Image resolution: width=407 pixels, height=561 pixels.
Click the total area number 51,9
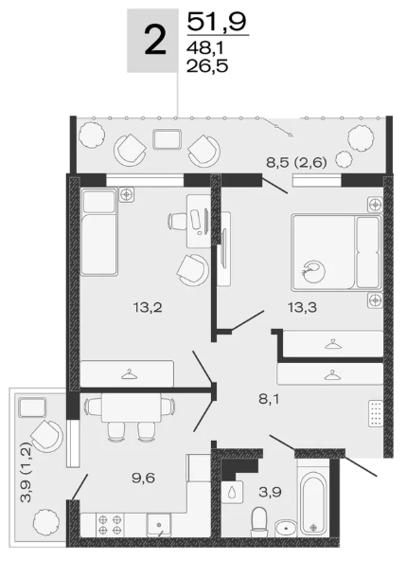click(x=218, y=22)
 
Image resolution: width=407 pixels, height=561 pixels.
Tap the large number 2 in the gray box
click(x=155, y=41)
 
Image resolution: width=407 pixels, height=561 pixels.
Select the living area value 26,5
click(x=207, y=66)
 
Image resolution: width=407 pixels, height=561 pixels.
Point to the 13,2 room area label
click(x=148, y=307)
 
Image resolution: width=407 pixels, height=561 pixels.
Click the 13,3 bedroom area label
click(x=303, y=307)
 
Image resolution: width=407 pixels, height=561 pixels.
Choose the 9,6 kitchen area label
click(x=143, y=478)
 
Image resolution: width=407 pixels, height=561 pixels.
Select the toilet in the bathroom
click(x=258, y=521)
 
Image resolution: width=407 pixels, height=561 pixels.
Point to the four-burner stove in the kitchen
click(x=110, y=524)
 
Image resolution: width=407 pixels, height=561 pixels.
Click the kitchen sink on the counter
click(x=159, y=524)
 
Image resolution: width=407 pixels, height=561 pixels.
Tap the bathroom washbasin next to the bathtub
click(x=286, y=528)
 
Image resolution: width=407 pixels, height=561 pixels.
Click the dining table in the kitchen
click(x=131, y=407)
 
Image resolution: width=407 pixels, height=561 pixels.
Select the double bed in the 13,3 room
click(x=337, y=252)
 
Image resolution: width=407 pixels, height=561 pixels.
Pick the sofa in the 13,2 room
click(x=98, y=231)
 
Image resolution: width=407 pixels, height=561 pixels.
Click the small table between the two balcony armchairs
click(x=167, y=139)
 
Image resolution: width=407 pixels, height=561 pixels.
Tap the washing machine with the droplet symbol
click(x=232, y=491)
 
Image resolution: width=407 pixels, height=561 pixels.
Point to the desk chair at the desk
click(x=179, y=221)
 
